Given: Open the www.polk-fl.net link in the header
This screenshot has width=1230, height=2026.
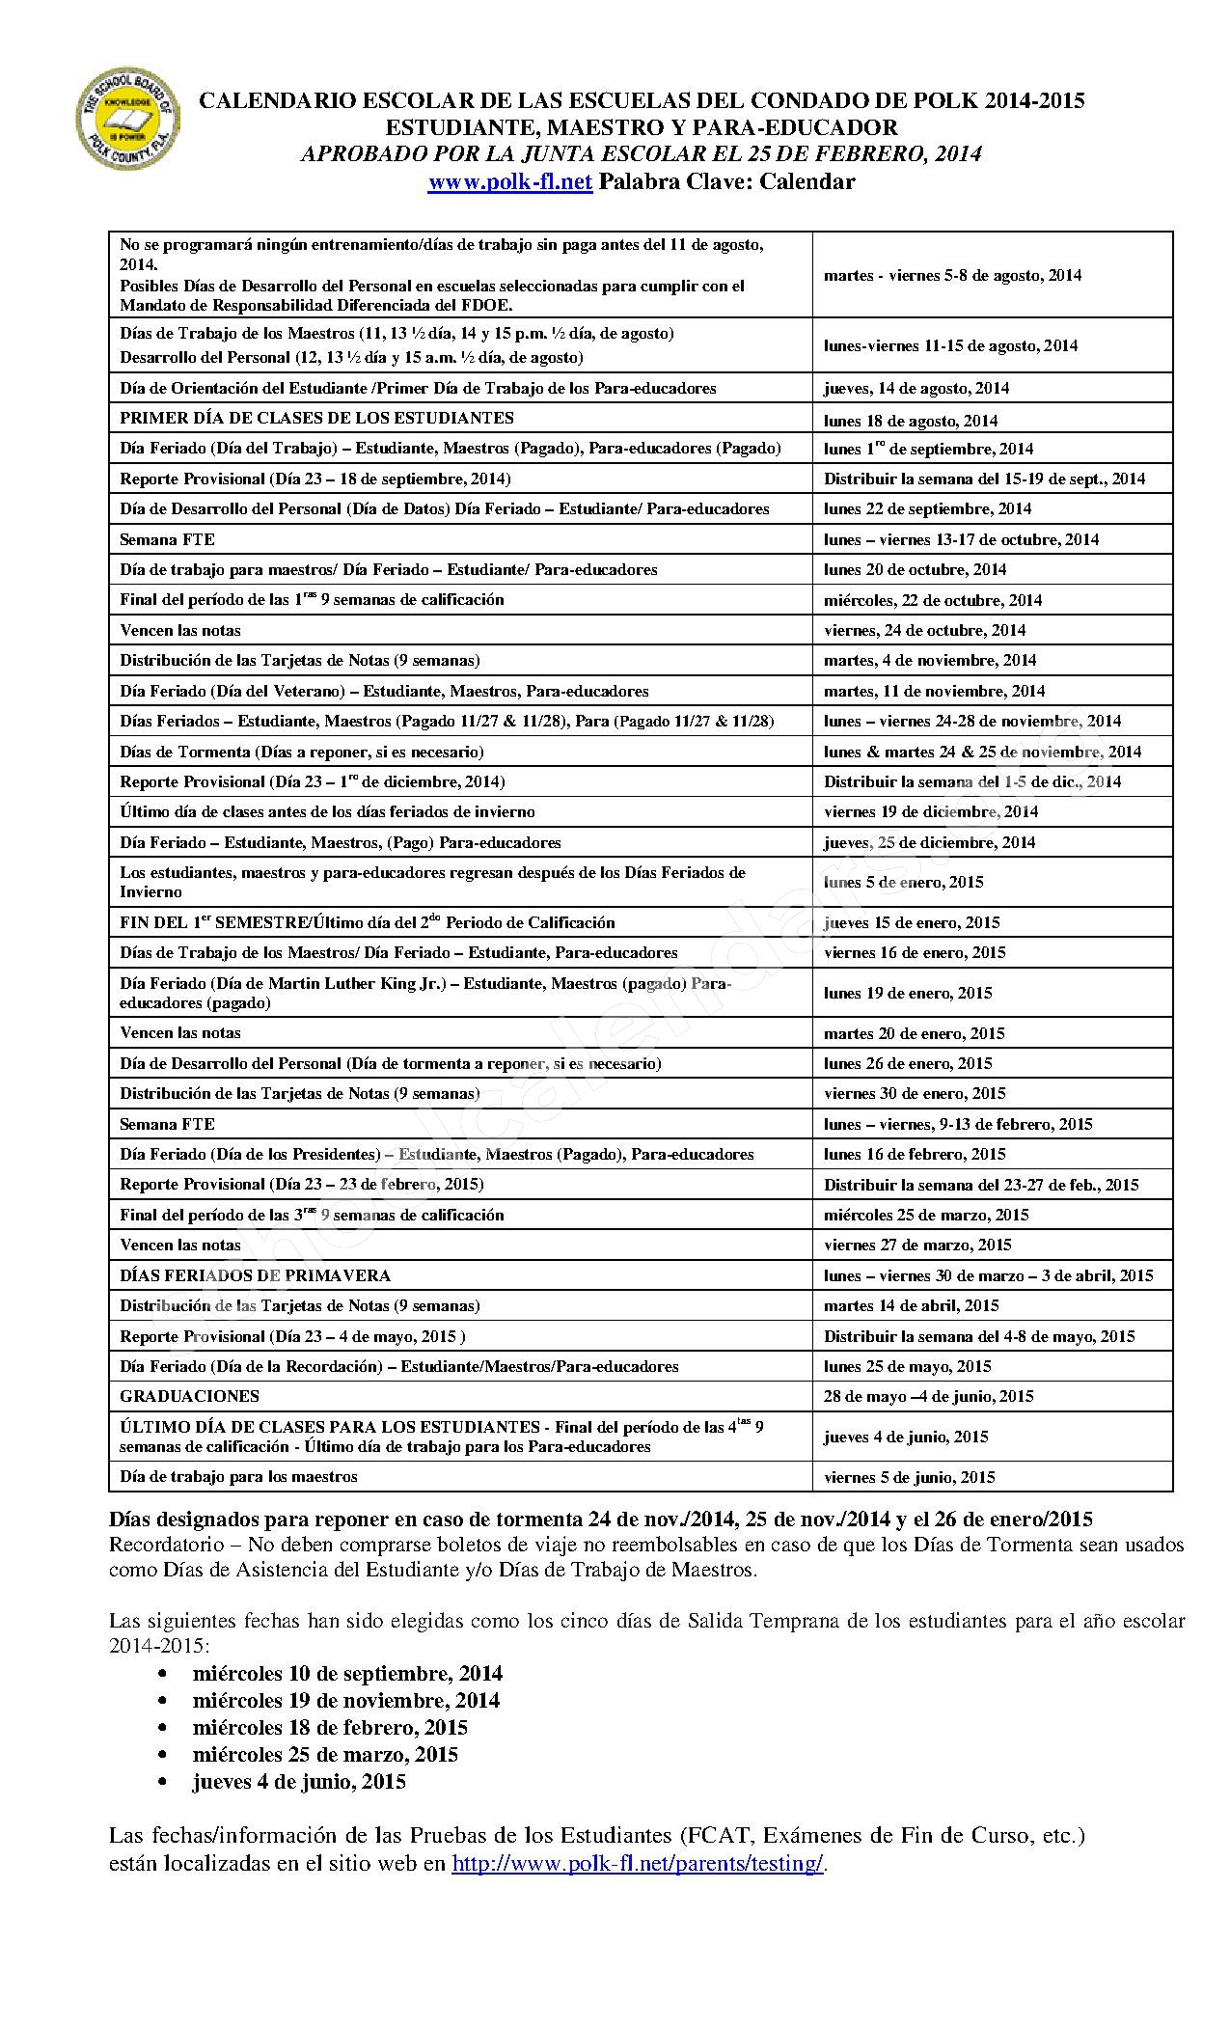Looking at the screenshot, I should pyautogui.click(x=509, y=182).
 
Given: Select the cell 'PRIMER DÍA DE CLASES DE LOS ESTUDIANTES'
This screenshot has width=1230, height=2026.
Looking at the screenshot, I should pyautogui.click(x=316, y=418).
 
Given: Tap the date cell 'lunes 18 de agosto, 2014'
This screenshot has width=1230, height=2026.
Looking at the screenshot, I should pyautogui.click(x=910, y=421).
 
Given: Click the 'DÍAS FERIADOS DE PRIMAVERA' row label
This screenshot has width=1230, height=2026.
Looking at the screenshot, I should pyautogui.click(x=255, y=1275).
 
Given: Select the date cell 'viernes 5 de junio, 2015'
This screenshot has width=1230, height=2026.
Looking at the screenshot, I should pyautogui.click(x=909, y=1477).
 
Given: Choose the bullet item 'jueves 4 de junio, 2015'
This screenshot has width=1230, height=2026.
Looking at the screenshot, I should pyautogui.click(x=299, y=1782).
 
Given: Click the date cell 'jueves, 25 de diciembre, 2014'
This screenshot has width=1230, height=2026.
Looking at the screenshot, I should pyautogui.click(x=929, y=842).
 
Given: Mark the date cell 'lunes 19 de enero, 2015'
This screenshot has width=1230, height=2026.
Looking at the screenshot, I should pyautogui.click(x=907, y=993).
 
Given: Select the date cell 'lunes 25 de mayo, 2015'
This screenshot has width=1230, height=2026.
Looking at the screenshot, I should pyautogui.click(x=907, y=1366).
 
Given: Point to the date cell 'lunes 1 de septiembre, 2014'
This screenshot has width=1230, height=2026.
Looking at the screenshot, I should pyautogui.click(x=928, y=449).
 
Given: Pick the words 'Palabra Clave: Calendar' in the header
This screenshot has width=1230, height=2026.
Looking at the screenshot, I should pyautogui.click(x=726, y=182).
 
